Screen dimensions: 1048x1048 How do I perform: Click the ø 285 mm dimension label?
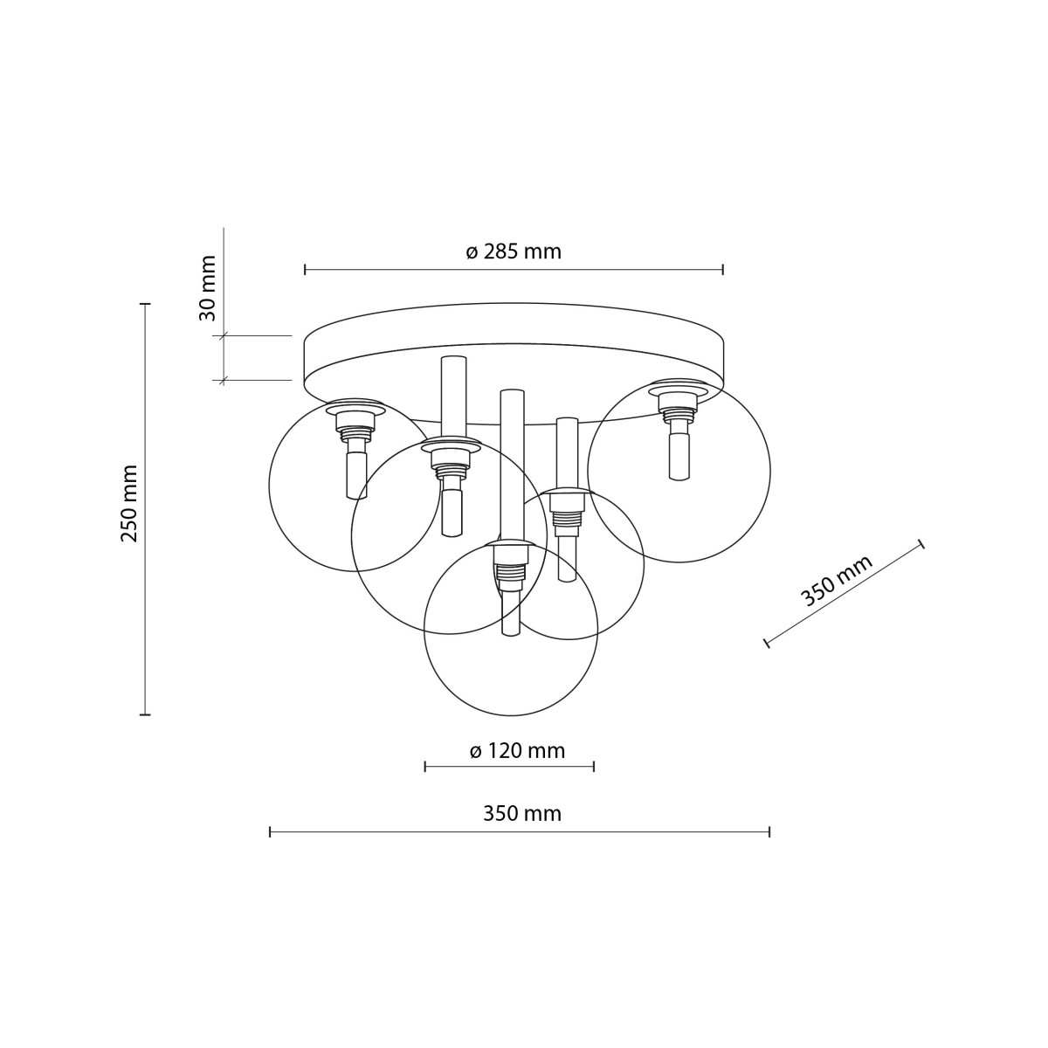pyautogui.click(x=514, y=252)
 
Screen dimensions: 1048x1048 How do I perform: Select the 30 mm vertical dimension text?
pyautogui.click(x=208, y=288)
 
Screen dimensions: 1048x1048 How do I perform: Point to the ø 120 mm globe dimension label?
pyautogui.click(x=517, y=751)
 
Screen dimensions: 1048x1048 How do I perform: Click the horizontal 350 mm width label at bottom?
pyautogui.click(x=521, y=814)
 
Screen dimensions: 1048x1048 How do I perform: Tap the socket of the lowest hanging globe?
pyautogui.click(x=510, y=563)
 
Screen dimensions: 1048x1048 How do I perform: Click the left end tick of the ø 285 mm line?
pyautogui.click(x=305, y=270)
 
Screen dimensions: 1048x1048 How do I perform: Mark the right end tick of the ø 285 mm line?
pyautogui.click(x=723, y=270)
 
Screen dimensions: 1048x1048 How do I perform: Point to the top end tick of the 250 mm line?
pyautogui.click(x=146, y=304)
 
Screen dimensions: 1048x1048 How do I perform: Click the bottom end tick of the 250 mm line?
pyautogui.click(x=146, y=714)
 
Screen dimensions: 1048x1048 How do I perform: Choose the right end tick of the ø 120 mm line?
pyautogui.click(x=594, y=767)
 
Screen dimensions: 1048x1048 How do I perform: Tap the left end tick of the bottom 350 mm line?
pyautogui.click(x=271, y=832)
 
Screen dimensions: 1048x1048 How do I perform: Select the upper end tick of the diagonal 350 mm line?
pyautogui.click(x=921, y=544)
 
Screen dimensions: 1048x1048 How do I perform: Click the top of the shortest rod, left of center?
pyautogui.click(x=454, y=358)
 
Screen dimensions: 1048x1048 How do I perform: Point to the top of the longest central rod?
pyautogui.click(x=513, y=392)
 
